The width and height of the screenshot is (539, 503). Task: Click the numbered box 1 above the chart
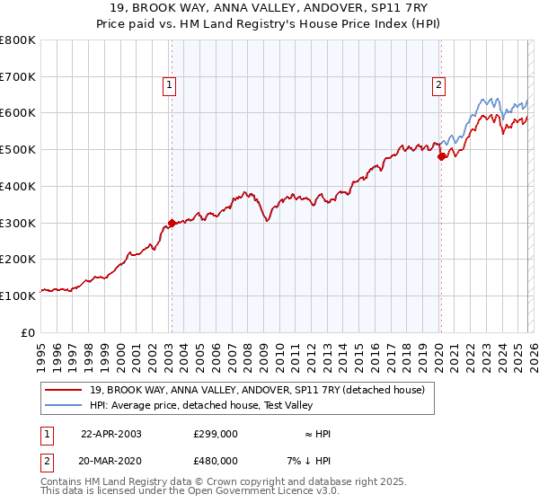[x=170, y=85]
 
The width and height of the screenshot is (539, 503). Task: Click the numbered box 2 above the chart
[x=438, y=85]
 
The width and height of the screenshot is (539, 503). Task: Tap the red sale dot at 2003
[x=172, y=224]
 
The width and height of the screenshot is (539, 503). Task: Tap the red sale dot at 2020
[x=441, y=156]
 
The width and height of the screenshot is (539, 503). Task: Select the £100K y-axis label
[x=19, y=296]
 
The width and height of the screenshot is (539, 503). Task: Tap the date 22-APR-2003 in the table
[x=111, y=433]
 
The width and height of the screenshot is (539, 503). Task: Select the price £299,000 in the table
[x=216, y=433]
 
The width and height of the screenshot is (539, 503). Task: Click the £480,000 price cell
[x=216, y=461]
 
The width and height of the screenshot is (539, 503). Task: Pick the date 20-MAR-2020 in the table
[x=111, y=461]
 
